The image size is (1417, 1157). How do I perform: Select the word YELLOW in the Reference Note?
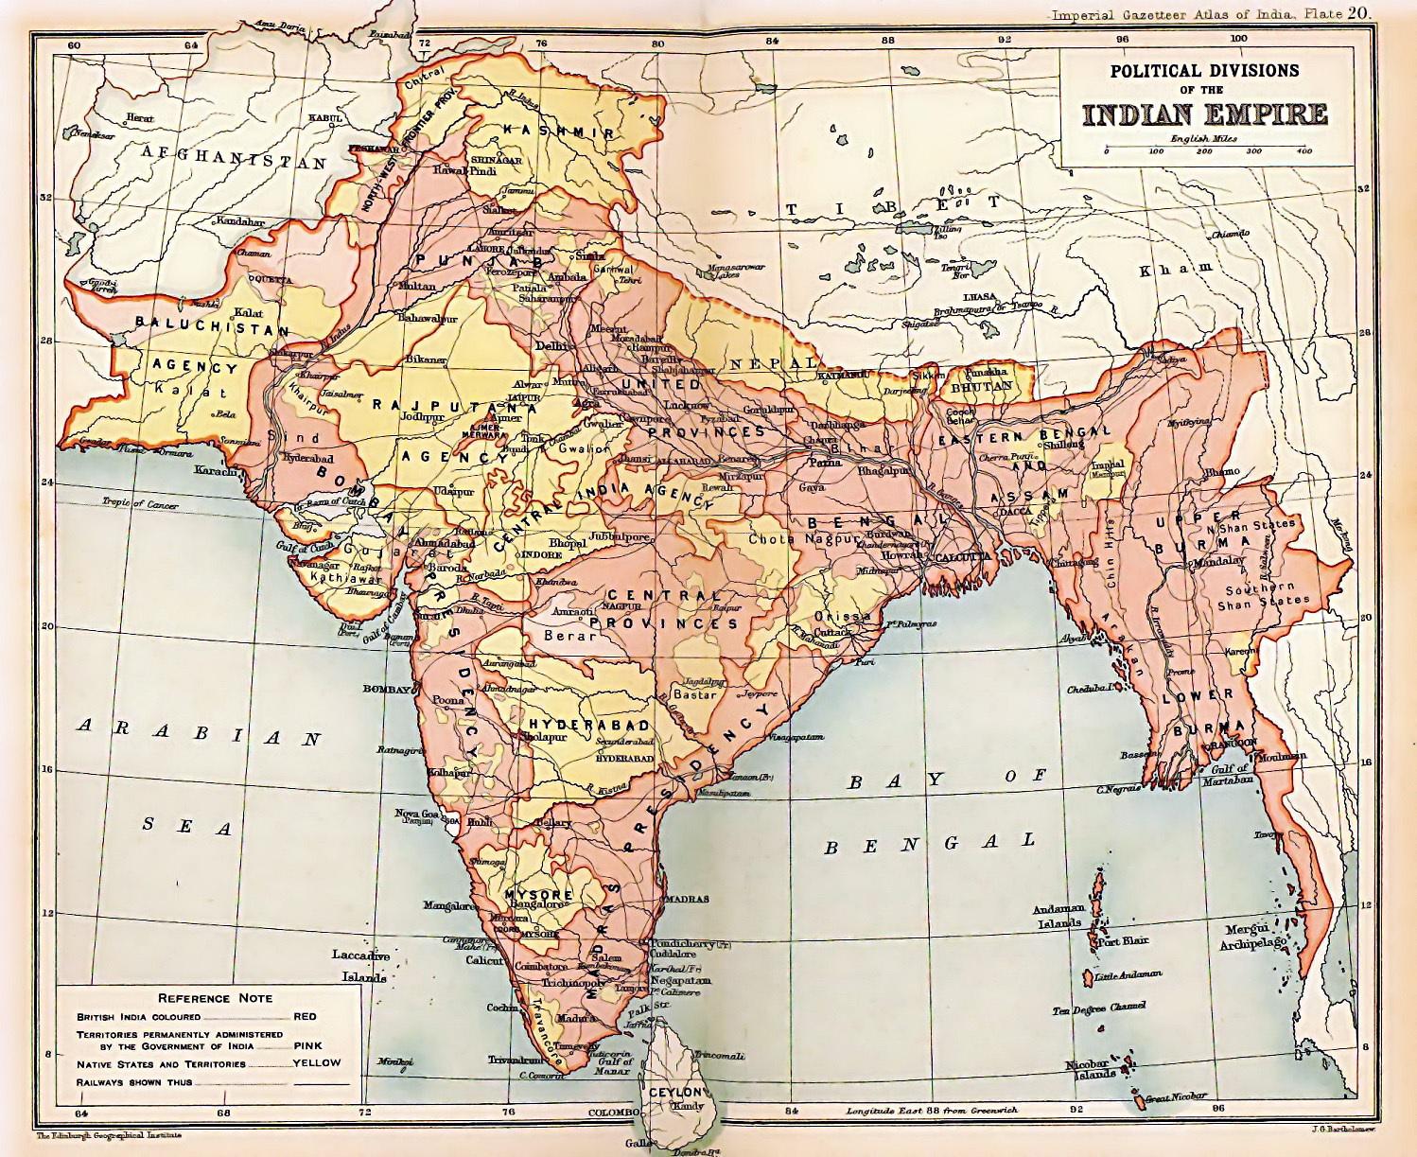317,1062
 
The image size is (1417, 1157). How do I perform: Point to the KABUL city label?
311,118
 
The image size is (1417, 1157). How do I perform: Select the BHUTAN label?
981,386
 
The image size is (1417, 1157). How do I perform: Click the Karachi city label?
215,470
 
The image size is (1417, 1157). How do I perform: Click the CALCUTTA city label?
962,557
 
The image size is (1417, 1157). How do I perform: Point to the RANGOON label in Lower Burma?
1230,741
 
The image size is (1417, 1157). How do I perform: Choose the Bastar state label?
695,694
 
